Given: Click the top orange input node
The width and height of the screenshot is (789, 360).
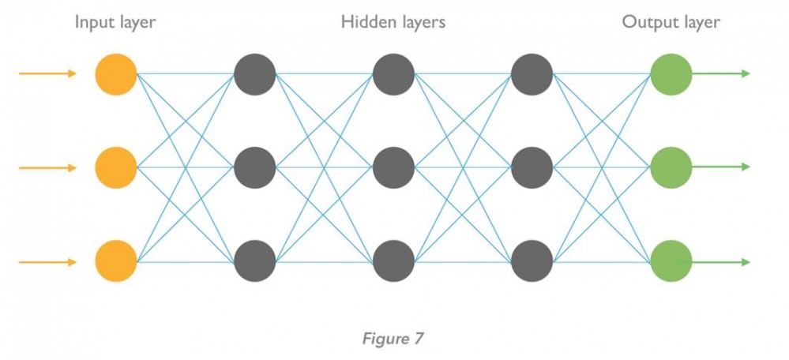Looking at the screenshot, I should (115, 74).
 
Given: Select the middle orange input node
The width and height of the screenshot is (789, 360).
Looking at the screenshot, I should (115, 167).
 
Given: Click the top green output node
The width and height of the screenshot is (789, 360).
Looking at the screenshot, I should (671, 74).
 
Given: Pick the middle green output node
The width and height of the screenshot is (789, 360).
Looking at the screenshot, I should (671, 167).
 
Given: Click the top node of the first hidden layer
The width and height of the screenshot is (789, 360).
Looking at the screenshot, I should (254, 74).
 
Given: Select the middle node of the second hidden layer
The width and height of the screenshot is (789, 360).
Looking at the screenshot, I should (393, 167).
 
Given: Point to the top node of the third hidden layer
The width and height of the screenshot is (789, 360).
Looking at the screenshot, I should (532, 74).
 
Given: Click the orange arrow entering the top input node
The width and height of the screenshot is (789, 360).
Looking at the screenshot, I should (47, 74).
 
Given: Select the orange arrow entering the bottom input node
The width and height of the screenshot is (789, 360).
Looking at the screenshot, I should (47, 262).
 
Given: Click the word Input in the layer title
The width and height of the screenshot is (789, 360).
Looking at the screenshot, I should (93, 22).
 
